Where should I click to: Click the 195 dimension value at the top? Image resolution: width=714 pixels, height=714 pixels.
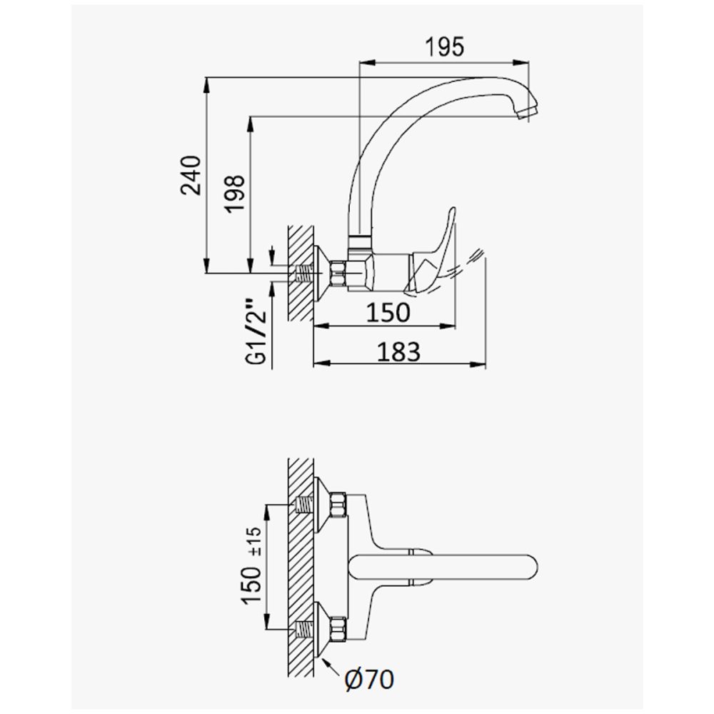(444, 47)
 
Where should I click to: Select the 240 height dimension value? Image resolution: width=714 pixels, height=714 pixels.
(191, 176)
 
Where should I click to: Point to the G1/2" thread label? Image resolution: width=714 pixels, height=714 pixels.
(256, 332)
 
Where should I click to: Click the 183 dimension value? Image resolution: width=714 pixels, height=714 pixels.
(398, 351)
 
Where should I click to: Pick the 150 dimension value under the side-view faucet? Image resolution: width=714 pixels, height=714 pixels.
(388, 313)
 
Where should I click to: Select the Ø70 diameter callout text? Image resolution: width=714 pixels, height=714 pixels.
(369, 680)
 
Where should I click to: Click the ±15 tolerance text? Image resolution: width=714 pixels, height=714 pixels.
(257, 541)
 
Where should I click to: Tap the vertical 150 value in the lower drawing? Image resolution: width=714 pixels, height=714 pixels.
(252, 585)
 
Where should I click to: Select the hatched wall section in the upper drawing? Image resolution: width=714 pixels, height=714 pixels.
(301, 273)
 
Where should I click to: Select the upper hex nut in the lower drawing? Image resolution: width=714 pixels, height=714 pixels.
(338, 505)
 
